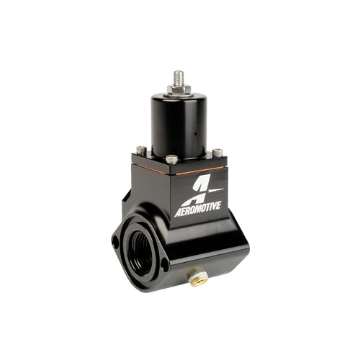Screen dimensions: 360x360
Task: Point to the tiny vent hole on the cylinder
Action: [x=195, y=133]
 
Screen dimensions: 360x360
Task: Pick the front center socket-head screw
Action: [x=172, y=159]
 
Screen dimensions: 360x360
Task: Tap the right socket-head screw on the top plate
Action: [x=217, y=152]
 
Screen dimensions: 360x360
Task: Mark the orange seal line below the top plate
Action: [x=178, y=170]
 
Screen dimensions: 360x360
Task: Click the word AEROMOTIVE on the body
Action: [x=197, y=210]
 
